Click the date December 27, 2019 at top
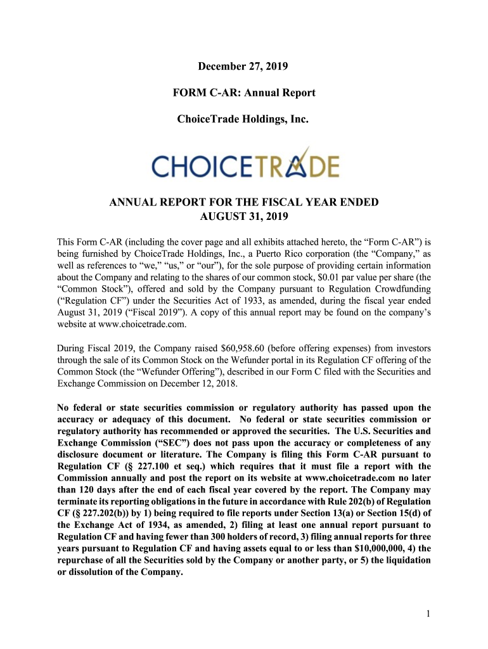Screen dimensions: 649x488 click(244, 66)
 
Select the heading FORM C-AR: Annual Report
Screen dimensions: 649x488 click(244, 93)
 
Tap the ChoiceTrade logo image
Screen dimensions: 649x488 click(245, 164)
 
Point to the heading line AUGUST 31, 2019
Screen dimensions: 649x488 click(244, 217)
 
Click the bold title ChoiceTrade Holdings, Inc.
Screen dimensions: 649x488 click(244, 119)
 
